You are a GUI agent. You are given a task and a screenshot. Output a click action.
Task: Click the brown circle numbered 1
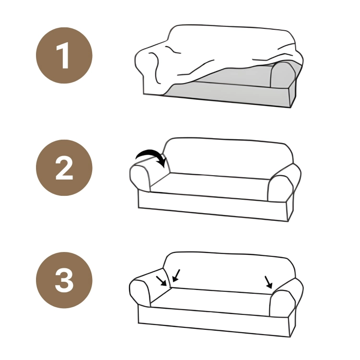(x=64, y=55)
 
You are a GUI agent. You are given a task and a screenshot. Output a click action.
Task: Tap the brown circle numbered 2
(x=64, y=168)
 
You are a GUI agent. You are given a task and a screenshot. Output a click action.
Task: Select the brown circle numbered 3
(x=64, y=280)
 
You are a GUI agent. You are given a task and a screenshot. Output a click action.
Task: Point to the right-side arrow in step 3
(x=268, y=282)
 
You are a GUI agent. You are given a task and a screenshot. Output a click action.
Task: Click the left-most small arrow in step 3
(x=161, y=281)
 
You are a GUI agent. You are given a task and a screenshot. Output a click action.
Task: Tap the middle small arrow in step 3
(x=176, y=276)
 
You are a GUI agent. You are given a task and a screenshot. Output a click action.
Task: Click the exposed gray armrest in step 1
(x=282, y=74)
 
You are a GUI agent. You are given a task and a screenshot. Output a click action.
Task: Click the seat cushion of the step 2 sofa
(x=209, y=186)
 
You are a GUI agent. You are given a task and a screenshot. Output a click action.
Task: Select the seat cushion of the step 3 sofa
(x=210, y=301)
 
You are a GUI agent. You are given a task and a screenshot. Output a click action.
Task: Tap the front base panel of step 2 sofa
(x=212, y=205)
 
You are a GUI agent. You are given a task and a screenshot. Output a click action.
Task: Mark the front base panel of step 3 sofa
(x=214, y=320)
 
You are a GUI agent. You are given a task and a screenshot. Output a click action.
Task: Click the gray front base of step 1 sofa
(x=229, y=95)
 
